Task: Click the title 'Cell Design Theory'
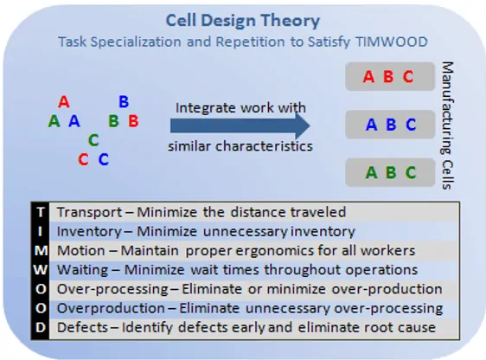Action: (x=243, y=21)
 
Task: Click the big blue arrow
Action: (x=240, y=126)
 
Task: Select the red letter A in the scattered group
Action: (x=64, y=102)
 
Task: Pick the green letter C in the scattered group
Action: (x=93, y=140)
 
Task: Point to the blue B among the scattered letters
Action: (x=124, y=102)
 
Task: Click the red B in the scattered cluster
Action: (x=133, y=121)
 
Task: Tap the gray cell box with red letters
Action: (x=390, y=76)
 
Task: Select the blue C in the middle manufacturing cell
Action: (x=411, y=125)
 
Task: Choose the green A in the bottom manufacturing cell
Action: (x=371, y=173)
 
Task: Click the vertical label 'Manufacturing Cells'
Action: (x=447, y=125)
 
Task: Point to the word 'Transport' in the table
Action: (x=90, y=212)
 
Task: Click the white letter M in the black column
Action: (x=41, y=251)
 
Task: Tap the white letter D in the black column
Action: (x=41, y=327)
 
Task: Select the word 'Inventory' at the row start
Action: (x=89, y=232)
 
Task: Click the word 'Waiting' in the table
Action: (x=83, y=270)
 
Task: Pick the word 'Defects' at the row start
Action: (x=83, y=327)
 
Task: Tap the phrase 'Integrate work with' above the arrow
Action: (x=240, y=108)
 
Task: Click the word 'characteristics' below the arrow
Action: (x=264, y=146)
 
